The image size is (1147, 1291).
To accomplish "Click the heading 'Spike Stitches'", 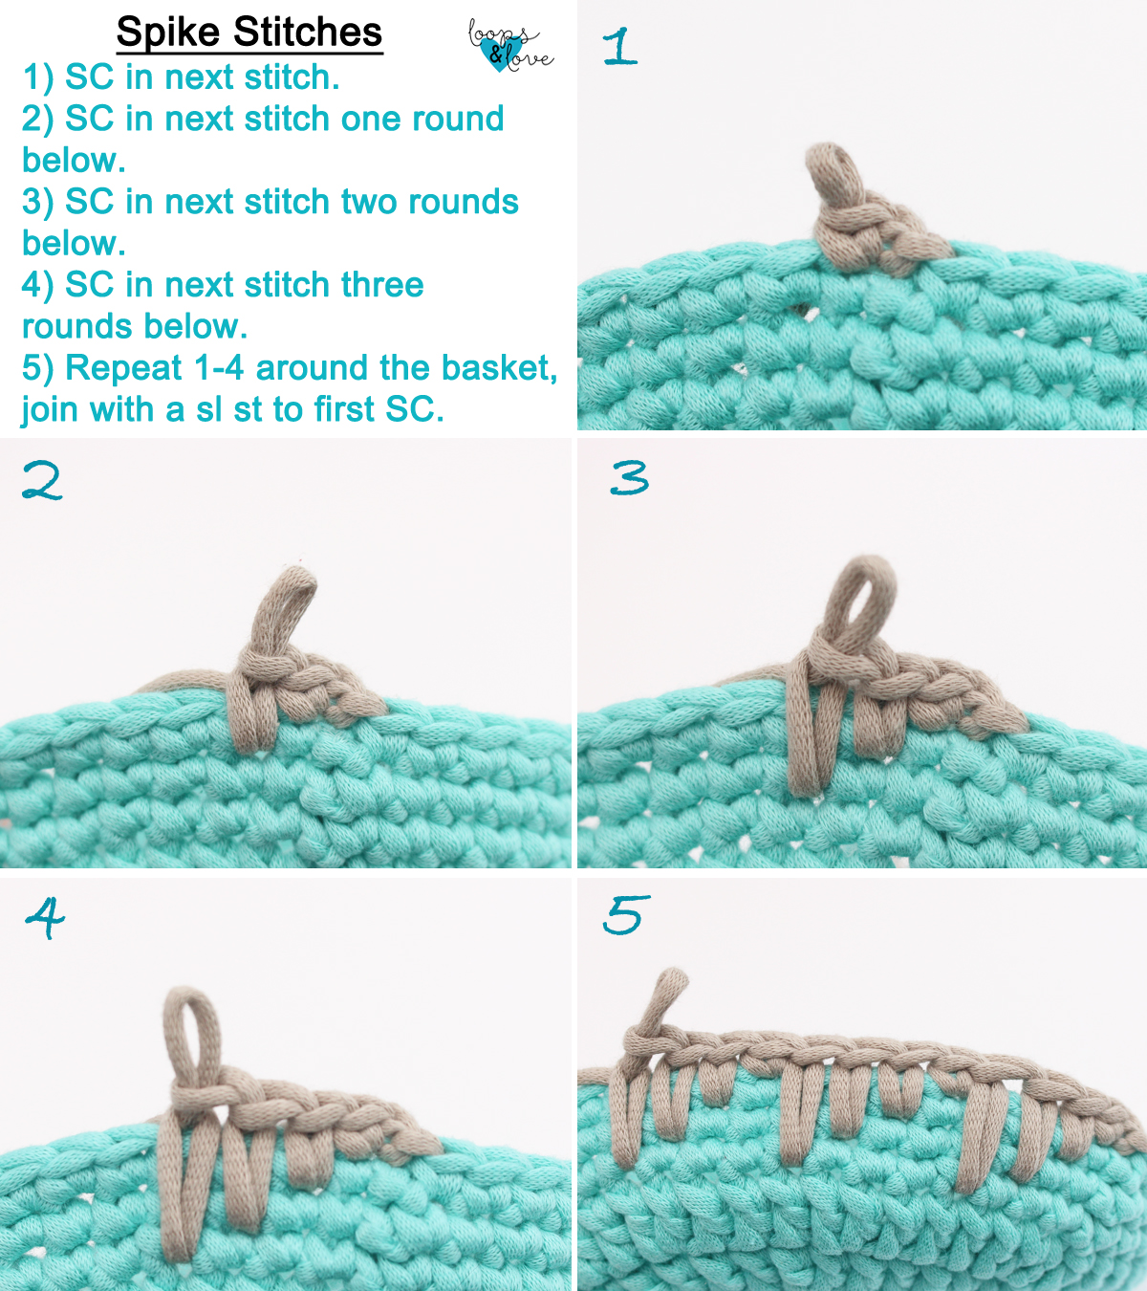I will pos(249,33).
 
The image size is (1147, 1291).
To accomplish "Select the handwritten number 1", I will pos(619,47).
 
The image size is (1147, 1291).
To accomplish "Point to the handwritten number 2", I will pos(43,481).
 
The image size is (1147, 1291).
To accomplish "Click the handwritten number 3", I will pos(630,477).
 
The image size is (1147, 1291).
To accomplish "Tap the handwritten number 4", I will pos(45,917).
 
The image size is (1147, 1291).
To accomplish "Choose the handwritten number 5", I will pos(627,915).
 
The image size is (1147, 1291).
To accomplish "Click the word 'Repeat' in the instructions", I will pos(123,368).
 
